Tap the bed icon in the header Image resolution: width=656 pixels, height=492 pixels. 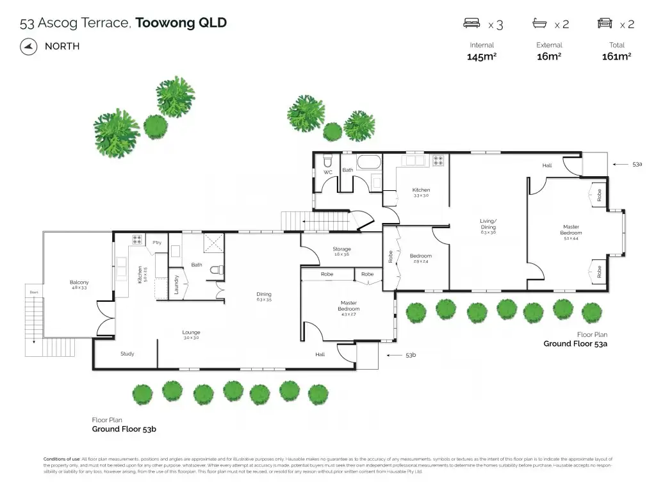click(472, 24)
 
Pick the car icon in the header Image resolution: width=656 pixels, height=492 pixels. click(605, 24)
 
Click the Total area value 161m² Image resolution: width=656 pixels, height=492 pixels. click(616, 56)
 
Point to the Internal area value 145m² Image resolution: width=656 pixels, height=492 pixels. click(482, 56)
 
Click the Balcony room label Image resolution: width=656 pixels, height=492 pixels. click(79, 283)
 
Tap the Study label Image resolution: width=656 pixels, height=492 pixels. click(127, 354)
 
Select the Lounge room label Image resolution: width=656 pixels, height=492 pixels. click(191, 332)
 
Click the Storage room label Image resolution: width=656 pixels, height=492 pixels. click(341, 249)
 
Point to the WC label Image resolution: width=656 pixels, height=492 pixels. click(327, 172)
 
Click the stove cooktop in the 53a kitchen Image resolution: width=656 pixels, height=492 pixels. click(439, 161)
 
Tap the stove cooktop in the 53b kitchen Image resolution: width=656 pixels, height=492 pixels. click(137, 240)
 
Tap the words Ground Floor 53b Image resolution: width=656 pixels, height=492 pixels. click(124, 429)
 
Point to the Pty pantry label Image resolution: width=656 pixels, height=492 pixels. click(157, 242)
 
